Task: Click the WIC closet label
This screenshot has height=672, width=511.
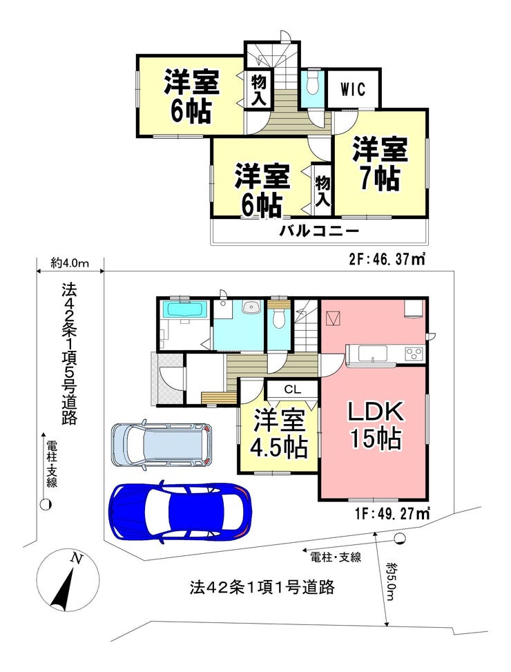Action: click(x=354, y=89)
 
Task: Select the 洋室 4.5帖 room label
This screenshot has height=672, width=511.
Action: click(x=279, y=434)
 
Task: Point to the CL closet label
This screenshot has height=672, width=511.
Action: click(x=293, y=390)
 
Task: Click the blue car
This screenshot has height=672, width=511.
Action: click(x=181, y=511)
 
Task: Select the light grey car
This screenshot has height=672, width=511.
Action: click(x=162, y=444)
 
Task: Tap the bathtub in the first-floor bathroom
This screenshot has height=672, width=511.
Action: click(x=186, y=309)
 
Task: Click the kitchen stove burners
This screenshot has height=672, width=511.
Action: click(x=414, y=354)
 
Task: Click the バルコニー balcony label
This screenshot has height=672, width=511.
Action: click(x=319, y=232)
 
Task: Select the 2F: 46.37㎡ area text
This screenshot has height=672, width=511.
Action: click(x=386, y=259)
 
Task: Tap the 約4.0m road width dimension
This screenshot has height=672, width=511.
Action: click(x=70, y=263)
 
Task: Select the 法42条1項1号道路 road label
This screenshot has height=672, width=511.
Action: click(x=262, y=587)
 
